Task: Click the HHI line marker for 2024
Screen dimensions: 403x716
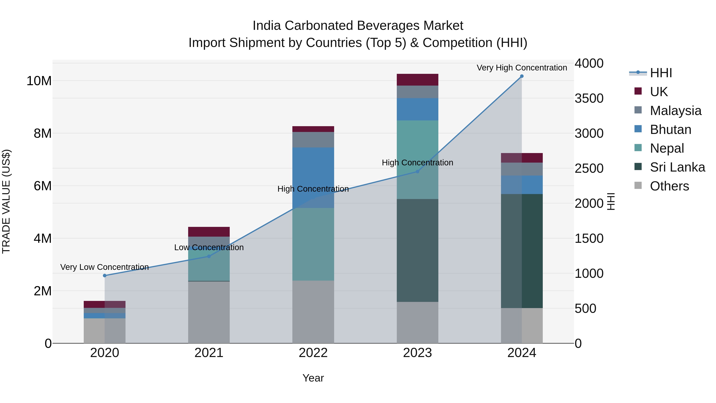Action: point(522,76)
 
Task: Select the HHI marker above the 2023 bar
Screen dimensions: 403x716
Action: point(417,172)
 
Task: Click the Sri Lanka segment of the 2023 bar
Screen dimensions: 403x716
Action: point(417,250)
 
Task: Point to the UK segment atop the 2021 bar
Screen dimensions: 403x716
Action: point(209,232)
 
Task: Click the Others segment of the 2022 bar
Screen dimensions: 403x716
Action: point(313,311)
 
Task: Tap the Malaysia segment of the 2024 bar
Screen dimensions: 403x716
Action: point(522,169)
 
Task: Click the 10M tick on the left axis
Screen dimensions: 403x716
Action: point(39,81)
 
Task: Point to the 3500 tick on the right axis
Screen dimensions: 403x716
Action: point(589,99)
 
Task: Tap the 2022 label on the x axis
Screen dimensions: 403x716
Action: point(313,353)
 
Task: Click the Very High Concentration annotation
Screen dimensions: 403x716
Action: point(522,68)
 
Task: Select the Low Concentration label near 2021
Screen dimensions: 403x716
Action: point(209,247)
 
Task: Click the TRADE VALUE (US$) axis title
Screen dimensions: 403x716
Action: point(6,201)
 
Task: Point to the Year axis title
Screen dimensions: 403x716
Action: point(313,378)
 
